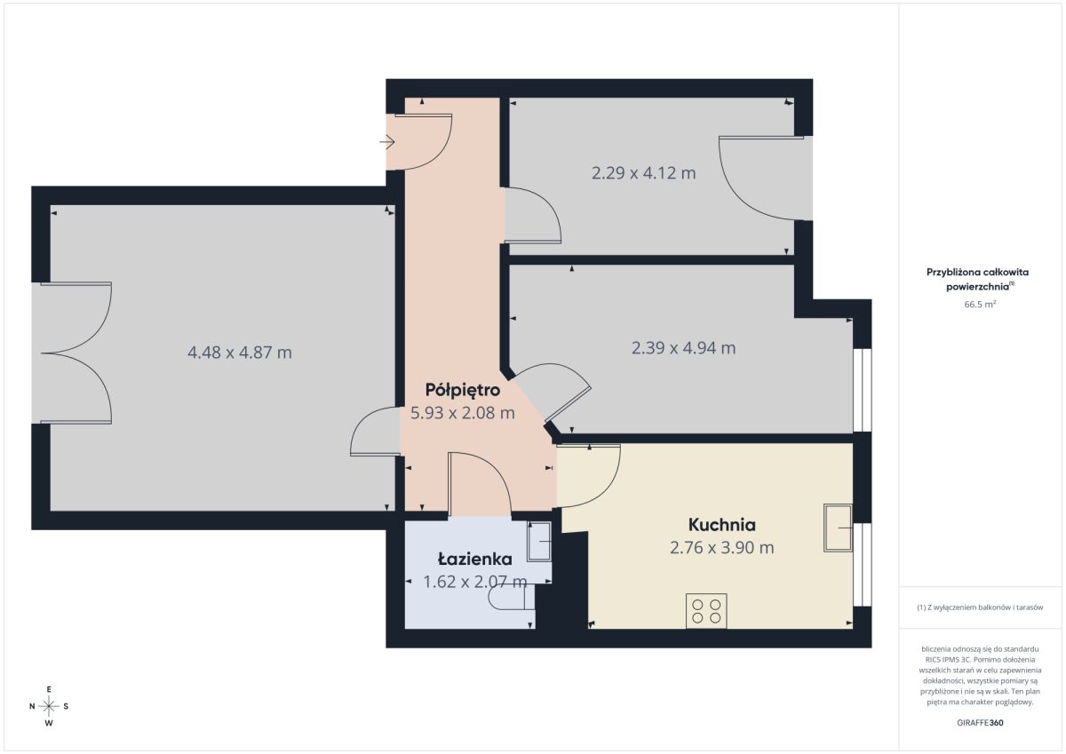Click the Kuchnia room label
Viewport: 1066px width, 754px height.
[x=722, y=525]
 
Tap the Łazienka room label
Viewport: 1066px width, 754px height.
[x=475, y=560]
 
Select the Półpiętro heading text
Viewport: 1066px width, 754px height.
[x=463, y=390]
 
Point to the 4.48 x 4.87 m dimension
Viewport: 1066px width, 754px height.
[x=239, y=353]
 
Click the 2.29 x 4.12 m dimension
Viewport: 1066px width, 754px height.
[x=643, y=172]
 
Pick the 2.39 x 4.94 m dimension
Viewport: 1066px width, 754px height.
[x=683, y=348]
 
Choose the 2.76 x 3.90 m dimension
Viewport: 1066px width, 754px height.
[x=722, y=548]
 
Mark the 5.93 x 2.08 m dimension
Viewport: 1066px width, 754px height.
[x=463, y=412]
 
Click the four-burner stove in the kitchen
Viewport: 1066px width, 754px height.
[x=706, y=611]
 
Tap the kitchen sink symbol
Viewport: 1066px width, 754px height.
[x=838, y=528]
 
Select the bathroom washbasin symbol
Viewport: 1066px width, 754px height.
[x=539, y=542]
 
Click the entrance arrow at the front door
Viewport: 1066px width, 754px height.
[x=387, y=142]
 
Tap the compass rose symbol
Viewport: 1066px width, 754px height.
[x=49, y=706]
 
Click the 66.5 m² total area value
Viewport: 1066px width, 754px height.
[x=980, y=304]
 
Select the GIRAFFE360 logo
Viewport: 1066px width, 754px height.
[x=980, y=723]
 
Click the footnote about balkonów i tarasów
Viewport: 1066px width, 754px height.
[x=980, y=607]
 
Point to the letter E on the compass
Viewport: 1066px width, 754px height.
[x=49, y=689]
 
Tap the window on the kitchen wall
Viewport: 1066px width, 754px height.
[x=863, y=565]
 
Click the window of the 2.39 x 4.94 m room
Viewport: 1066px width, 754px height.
[x=863, y=390]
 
